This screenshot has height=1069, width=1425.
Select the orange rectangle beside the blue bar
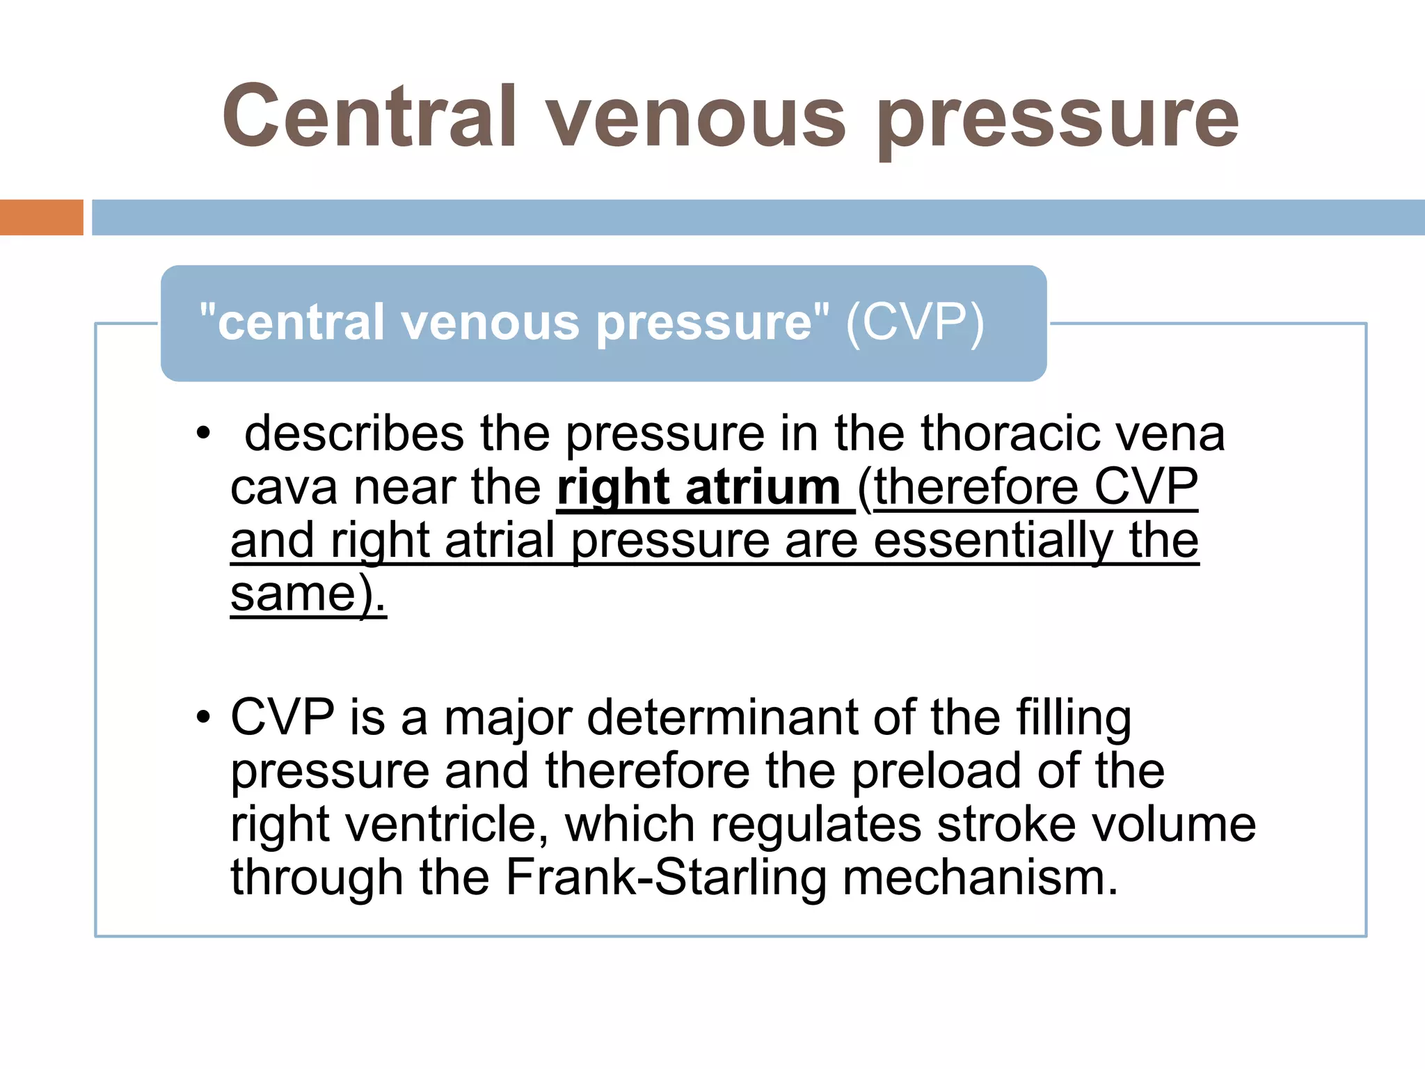click(x=41, y=217)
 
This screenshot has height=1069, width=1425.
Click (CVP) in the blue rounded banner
click(x=915, y=323)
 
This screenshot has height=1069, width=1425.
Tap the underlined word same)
click(x=308, y=594)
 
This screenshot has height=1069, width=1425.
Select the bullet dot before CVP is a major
click(x=202, y=717)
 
